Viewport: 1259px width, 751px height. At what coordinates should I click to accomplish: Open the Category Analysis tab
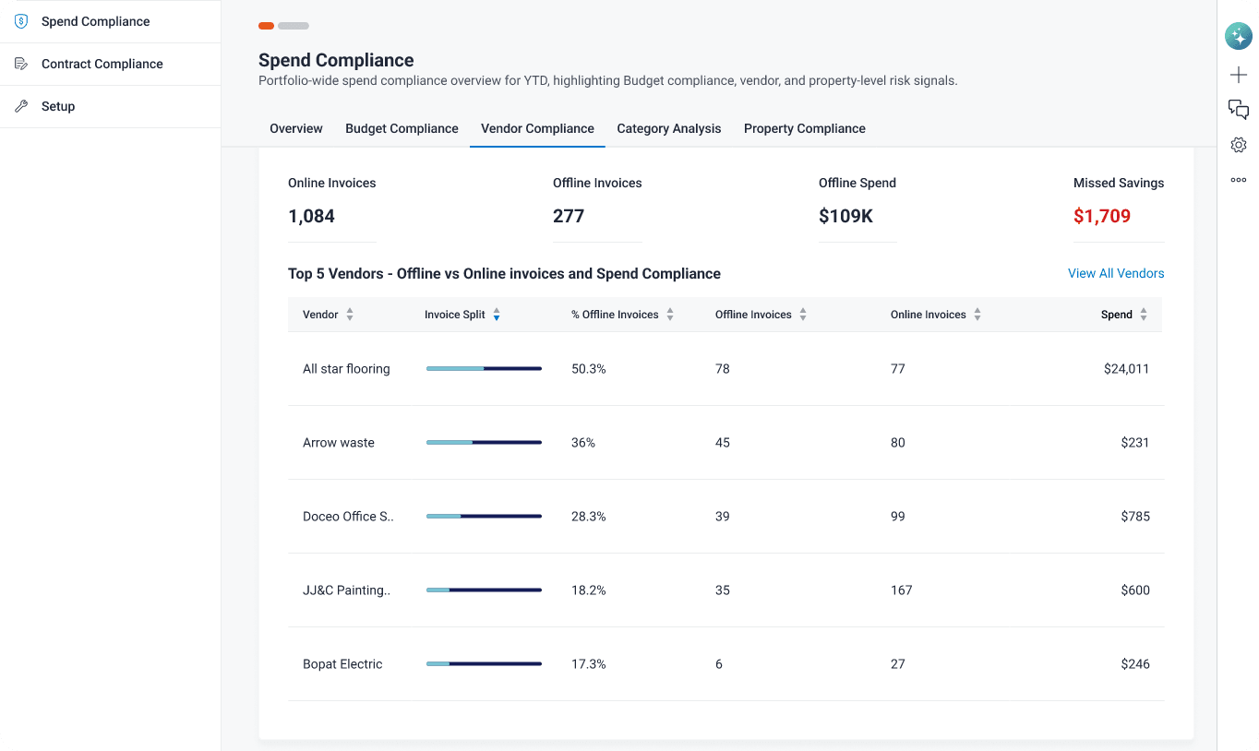(669, 128)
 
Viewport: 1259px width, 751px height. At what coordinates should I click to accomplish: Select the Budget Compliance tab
(402, 128)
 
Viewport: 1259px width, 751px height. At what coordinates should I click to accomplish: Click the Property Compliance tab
(804, 128)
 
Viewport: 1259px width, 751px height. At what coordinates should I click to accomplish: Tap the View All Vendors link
(1116, 273)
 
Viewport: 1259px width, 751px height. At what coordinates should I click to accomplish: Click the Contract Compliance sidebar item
(102, 64)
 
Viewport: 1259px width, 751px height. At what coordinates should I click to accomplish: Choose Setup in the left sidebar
(58, 106)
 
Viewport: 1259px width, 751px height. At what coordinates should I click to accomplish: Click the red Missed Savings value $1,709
(1102, 216)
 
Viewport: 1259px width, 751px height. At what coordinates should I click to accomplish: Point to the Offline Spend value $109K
(845, 216)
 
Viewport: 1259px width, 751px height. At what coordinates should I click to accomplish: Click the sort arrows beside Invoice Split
(497, 315)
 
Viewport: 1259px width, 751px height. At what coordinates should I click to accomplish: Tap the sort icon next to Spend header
(1144, 315)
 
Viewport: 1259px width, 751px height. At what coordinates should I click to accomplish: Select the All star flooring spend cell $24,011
(1126, 369)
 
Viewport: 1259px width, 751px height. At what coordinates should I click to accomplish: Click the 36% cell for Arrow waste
(582, 443)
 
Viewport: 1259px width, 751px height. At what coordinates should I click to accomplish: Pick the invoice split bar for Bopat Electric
(484, 664)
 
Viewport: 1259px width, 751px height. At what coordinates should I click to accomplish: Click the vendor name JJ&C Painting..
(346, 590)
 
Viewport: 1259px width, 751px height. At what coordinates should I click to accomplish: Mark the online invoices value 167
(901, 590)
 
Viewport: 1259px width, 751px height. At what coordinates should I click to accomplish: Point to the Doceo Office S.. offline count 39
(722, 517)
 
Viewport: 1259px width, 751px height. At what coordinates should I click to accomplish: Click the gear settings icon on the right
(1238, 145)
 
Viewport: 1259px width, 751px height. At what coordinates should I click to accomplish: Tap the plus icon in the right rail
(1238, 75)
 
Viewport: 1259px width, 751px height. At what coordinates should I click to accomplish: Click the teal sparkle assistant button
(1238, 37)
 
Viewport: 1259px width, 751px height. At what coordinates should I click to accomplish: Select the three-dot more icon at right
(1238, 180)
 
